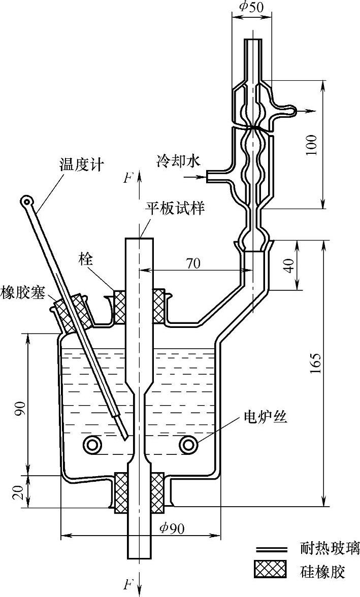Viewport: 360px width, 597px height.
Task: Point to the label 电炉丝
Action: (x=266, y=417)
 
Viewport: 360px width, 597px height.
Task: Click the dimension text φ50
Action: (x=251, y=7)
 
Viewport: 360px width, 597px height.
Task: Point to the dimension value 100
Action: (x=312, y=145)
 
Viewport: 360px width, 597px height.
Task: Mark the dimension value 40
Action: (x=290, y=266)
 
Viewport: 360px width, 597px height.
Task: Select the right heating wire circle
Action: (x=188, y=444)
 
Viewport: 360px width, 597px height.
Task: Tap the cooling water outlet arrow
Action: (x=305, y=111)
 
